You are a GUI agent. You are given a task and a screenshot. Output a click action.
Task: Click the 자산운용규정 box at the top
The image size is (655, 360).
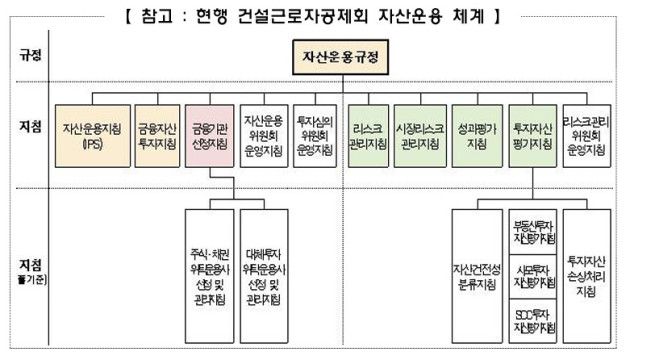(341, 58)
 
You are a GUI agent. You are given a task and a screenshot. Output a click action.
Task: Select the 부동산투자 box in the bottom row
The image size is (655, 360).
(531, 229)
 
